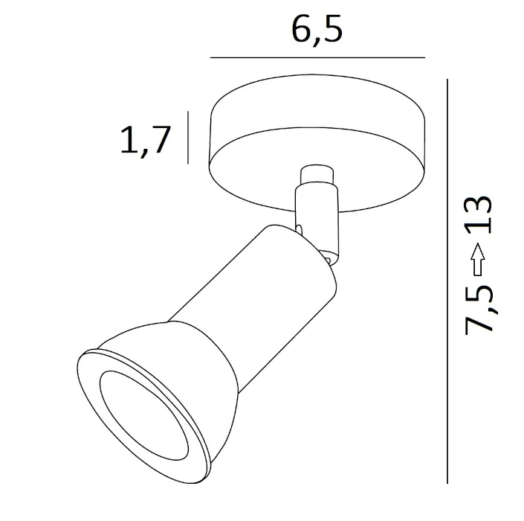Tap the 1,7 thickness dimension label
pyautogui.click(x=146, y=140)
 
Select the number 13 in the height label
pyautogui.click(x=478, y=215)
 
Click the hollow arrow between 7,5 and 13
pyautogui.click(x=478, y=259)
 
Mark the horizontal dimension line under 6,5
pyautogui.click(x=317, y=57)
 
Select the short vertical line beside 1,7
pyautogui.click(x=188, y=138)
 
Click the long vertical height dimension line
pyautogui.click(x=447, y=281)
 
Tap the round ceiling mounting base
pyautogui.click(x=317, y=143)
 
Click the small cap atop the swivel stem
pyautogui.click(x=317, y=174)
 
